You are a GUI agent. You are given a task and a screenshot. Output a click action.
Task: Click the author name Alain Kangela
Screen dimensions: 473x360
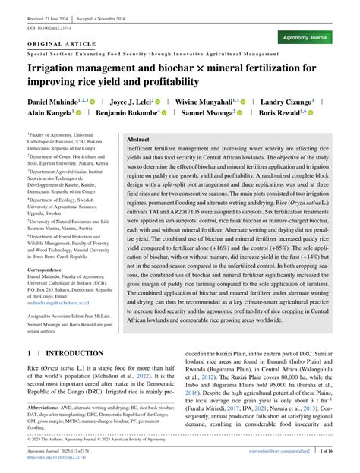click(49, 113)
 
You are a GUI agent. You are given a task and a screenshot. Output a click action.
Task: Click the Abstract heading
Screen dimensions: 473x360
click(138, 140)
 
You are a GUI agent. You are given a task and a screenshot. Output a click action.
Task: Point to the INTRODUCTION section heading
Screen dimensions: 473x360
click(74, 354)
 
